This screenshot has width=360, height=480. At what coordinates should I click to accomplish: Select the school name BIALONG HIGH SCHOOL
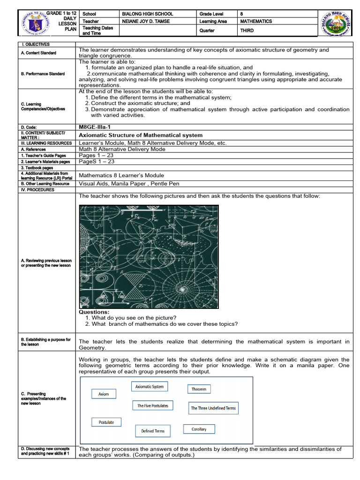147,14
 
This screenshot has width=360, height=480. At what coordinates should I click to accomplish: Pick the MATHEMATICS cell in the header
256,22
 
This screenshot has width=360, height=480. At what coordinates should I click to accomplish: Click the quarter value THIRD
247,30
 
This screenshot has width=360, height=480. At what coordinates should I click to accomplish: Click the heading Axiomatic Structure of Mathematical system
141,135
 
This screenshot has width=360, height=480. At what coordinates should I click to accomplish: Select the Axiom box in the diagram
104,394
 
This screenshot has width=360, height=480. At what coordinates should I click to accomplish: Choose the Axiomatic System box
150,387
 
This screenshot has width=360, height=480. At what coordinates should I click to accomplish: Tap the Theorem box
199,389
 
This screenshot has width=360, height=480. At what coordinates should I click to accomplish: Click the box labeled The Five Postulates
152,405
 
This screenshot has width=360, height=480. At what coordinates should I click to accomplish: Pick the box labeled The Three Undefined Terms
213,408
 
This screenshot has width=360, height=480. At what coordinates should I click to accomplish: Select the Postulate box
106,422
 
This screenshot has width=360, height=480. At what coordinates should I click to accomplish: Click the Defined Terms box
153,431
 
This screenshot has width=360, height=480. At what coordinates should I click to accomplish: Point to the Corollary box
199,429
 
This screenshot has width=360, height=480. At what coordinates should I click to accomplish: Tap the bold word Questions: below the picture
94,312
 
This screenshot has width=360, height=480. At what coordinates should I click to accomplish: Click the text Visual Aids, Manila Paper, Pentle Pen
129,184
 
